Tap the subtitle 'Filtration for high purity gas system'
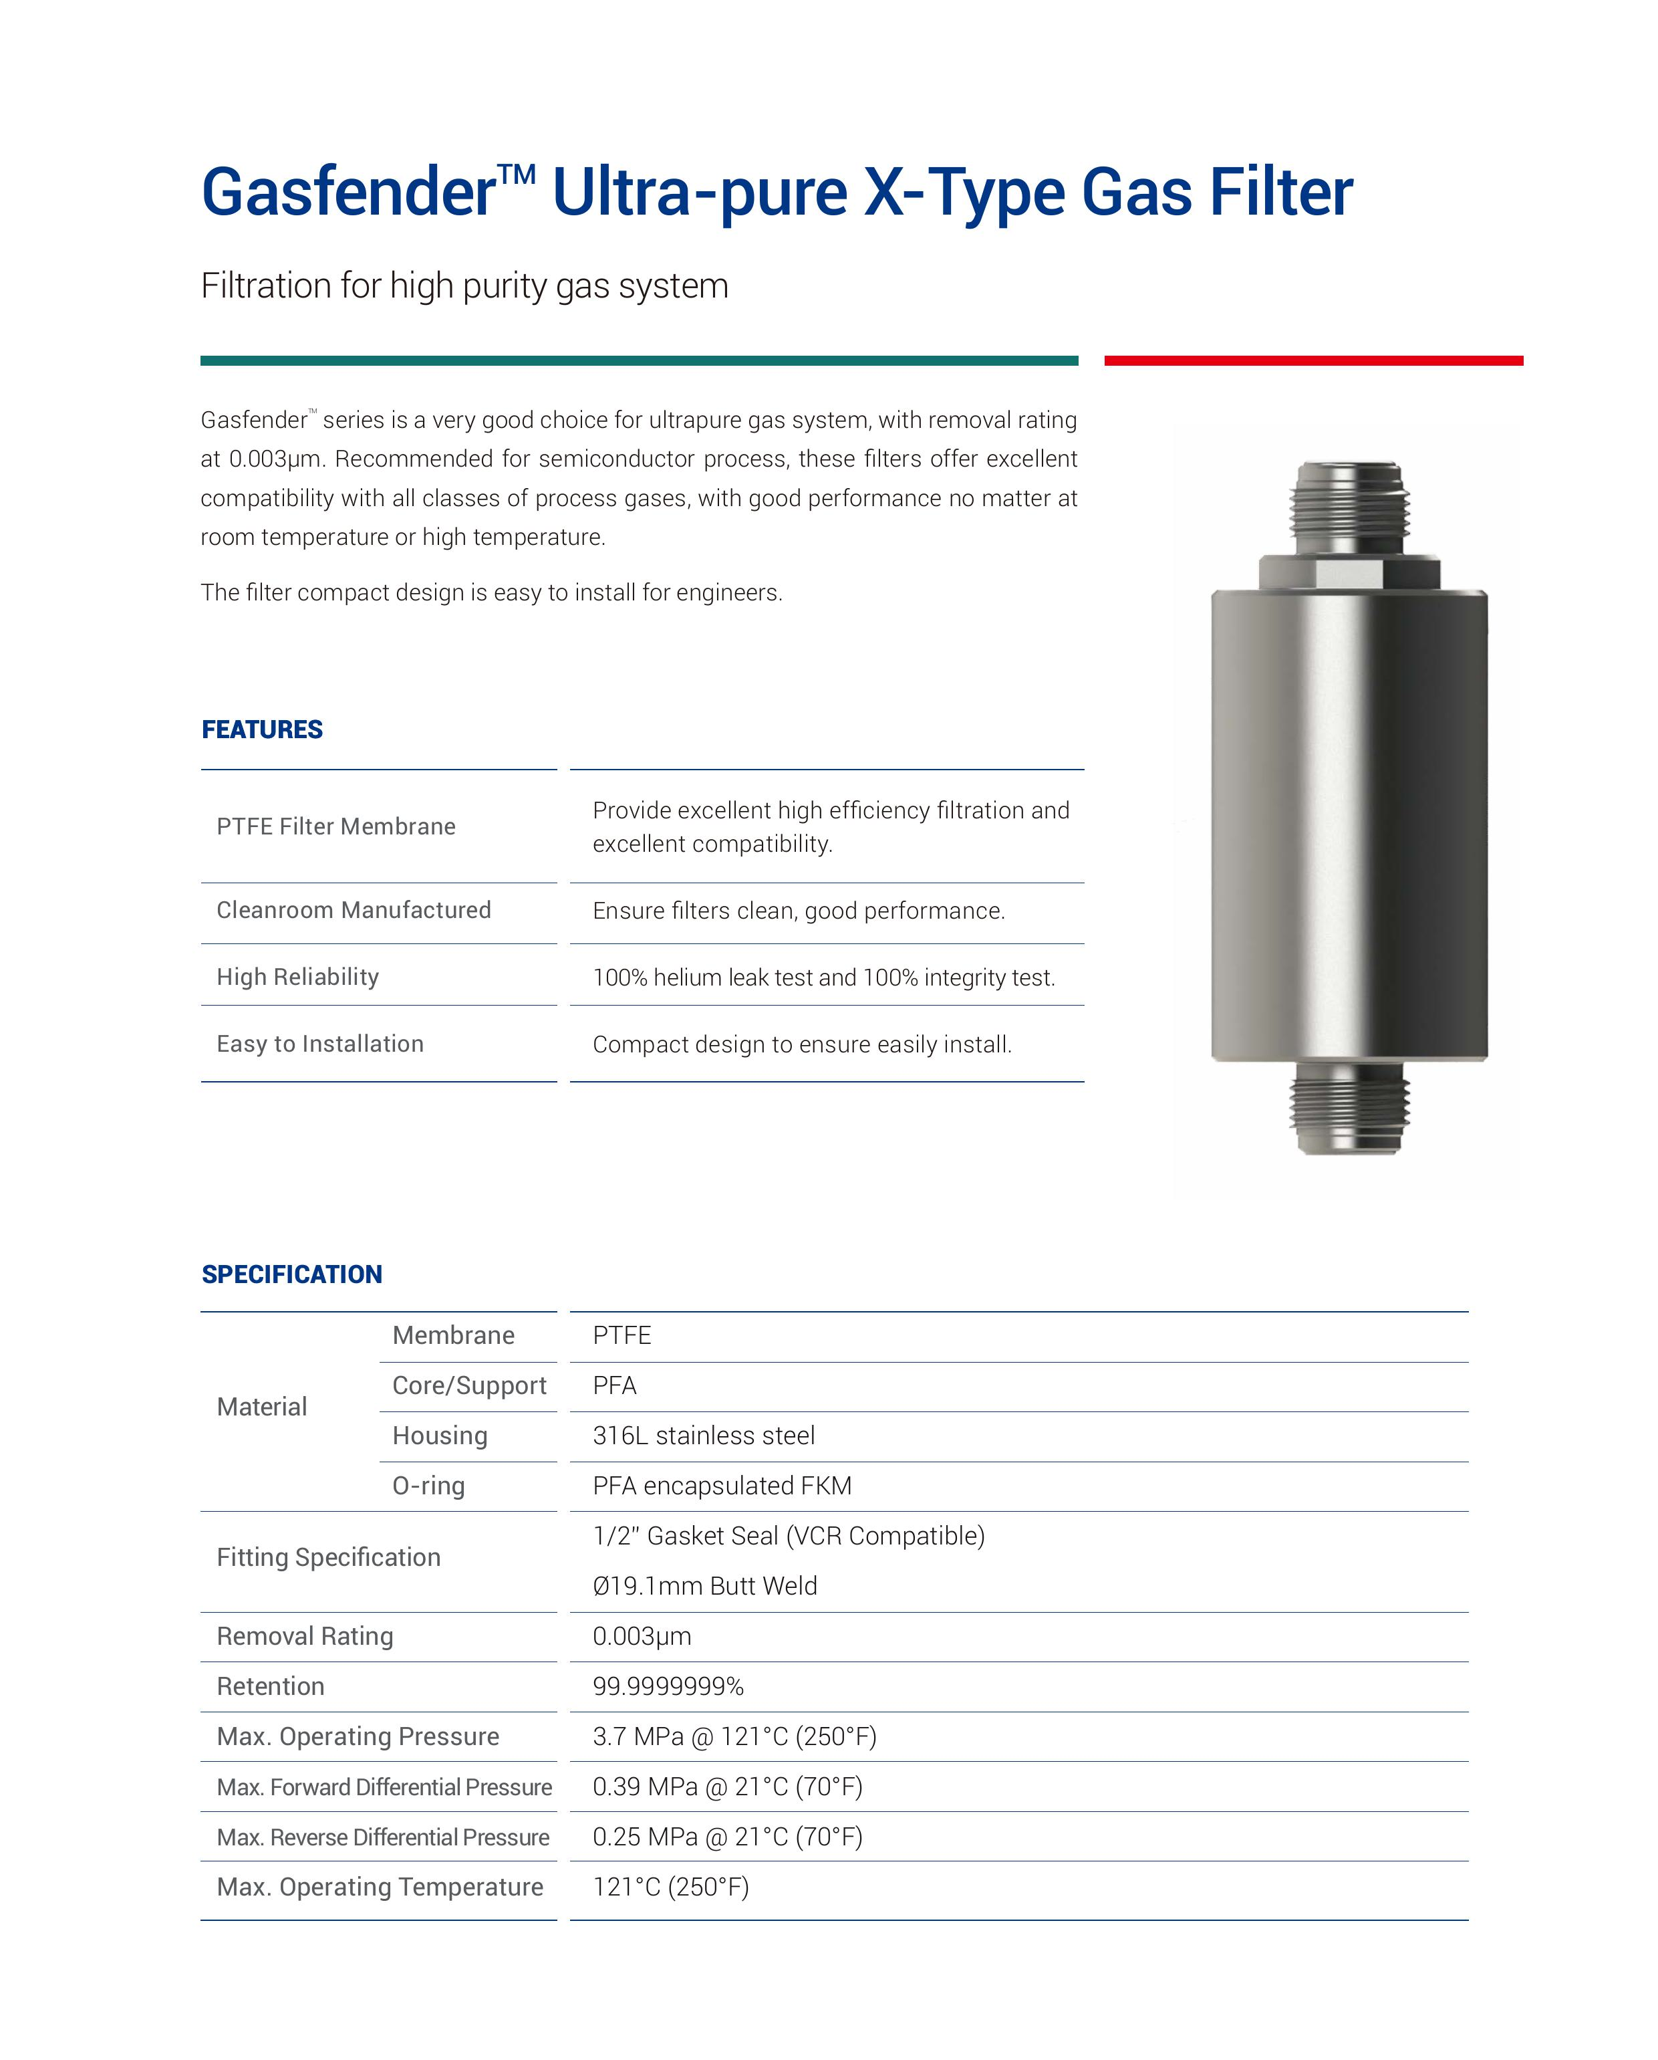coord(464,285)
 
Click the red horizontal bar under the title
coord(1313,360)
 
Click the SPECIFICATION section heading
coord(291,1274)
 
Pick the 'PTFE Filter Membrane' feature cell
coord(336,826)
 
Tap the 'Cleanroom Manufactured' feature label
coord(354,909)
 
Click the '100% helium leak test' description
coord(823,978)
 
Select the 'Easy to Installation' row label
coord(320,1044)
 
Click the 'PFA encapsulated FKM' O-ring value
coord(722,1486)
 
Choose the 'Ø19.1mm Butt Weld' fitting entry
coord(705,1586)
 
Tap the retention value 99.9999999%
coord(668,1686)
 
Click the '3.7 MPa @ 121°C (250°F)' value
coord(734,1736)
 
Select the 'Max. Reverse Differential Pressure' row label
coord(383,1837)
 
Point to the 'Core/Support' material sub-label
coord(469,1385)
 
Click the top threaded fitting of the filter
coord(1349,506)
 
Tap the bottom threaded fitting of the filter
coord(1349,1109)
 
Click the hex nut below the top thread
coord(1349,572)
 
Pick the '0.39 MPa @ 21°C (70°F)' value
coord(728,1787)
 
